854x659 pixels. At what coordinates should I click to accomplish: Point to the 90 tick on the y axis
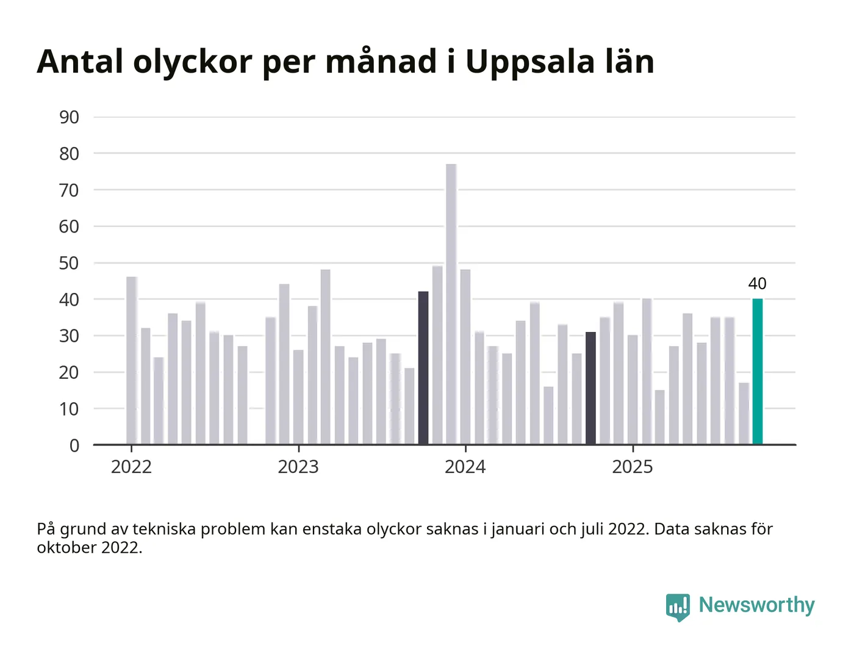70,117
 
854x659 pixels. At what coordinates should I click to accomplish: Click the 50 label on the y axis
70,263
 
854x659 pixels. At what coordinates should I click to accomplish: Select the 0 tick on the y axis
74,445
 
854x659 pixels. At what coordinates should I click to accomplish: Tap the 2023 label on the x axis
298,467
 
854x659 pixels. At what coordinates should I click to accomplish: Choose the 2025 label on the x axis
633,467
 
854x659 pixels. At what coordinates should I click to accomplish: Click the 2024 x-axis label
465,467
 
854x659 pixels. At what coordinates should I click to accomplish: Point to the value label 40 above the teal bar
757,284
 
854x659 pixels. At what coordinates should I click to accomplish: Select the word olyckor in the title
193,62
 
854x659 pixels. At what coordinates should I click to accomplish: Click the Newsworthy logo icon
678,607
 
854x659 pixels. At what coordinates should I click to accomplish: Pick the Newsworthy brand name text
756,605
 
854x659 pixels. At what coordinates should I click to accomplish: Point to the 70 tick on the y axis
70,190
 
